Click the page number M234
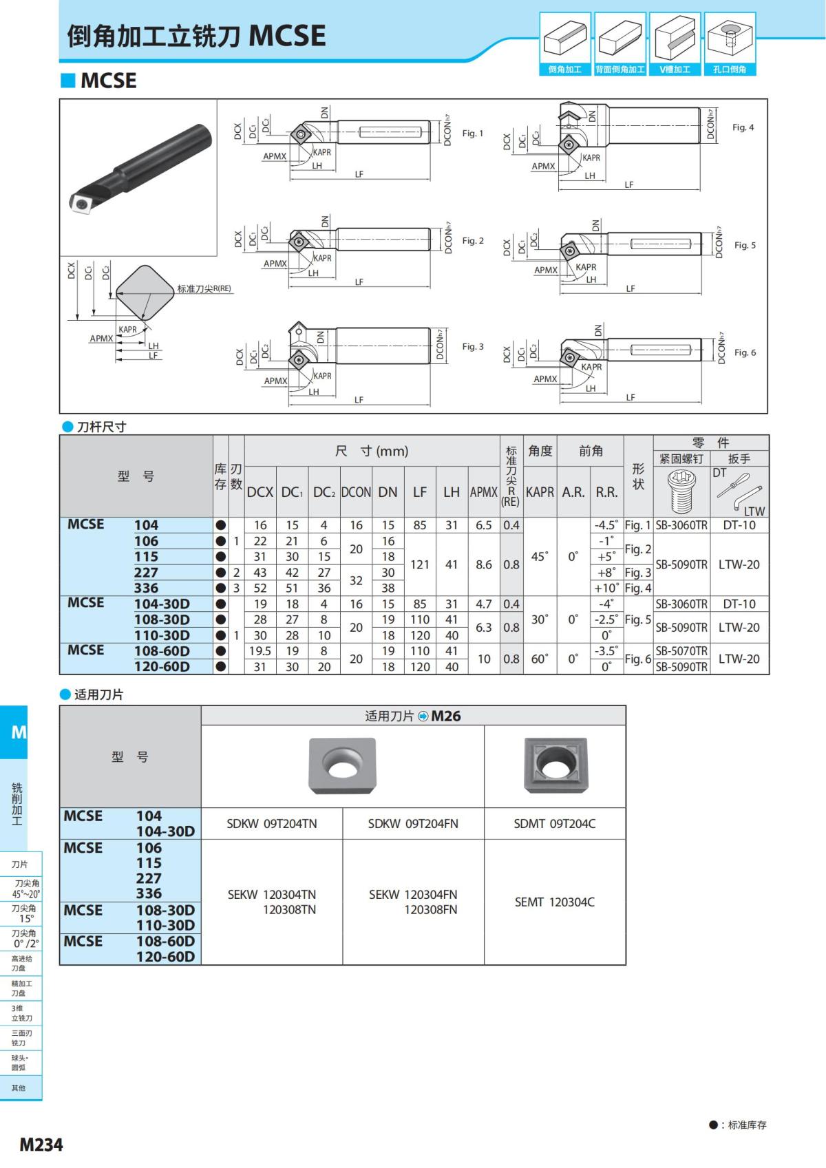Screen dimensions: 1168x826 click(x=41, y=1144)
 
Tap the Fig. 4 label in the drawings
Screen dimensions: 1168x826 click(x=743, y=127)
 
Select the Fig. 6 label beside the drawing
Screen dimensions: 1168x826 click(x=745, y=352)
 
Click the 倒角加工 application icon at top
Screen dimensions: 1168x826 click(x=565, y=43)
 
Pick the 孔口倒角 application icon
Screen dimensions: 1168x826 click(x=730, y=43)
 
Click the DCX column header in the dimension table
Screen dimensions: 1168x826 click(x=260, y=492)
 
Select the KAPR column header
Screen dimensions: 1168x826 click(x=540, y=492)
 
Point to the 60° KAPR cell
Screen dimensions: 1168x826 click(x=540, y=659)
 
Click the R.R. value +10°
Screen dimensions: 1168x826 click(x=606, y=588)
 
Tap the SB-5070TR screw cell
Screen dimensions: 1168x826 click(x=681, y=650)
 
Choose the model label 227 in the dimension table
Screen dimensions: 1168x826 click(x=146, y=573)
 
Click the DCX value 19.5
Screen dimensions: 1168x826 click(x=260, y=650)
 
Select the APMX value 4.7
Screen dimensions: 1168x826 click(x=484, y=604)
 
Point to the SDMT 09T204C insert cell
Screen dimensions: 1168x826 click(x=555, y=823)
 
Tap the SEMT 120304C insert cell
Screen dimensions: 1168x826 click(x=555, y=902)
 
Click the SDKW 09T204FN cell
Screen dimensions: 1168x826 click(x=413, y=823)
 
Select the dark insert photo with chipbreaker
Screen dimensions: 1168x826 click(x=555, y=765)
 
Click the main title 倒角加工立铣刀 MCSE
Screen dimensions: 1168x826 click(x=196, y=36)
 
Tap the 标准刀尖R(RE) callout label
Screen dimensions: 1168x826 click(x=204, y=289)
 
